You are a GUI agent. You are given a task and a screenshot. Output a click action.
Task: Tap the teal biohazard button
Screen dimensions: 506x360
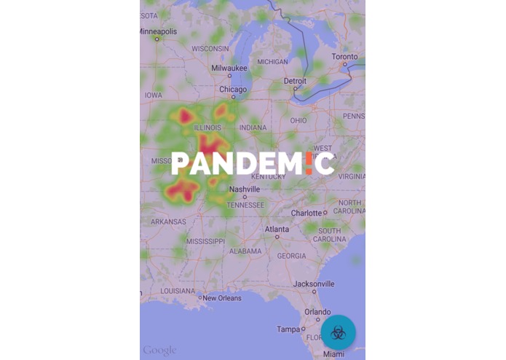pos(338,333)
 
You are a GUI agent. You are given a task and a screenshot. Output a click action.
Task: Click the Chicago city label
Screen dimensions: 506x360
pos(233,90)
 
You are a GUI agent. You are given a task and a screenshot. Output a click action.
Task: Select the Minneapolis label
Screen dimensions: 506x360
pos(158,32)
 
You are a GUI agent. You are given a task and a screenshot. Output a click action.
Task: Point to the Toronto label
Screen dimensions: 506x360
pos(344,57)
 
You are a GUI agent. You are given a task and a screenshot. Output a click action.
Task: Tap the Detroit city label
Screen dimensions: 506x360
pos(295,81)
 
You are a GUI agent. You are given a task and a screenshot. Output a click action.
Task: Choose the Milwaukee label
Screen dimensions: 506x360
pos(229,68)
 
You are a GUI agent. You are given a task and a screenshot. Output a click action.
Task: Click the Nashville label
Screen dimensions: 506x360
pos(245,189)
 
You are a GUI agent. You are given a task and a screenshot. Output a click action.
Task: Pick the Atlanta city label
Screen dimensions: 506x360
pos(277,229)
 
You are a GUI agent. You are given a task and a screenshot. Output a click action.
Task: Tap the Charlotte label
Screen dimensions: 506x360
pos(307,213)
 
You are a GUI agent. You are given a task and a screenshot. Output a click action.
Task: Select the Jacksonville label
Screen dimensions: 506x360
pos(314,283)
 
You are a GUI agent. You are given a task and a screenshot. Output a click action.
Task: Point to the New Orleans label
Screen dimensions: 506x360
pos(221,298)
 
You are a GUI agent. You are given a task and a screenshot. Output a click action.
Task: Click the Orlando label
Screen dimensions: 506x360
pos(317,311)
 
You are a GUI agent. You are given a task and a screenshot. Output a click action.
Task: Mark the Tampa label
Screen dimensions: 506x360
pos(289,329)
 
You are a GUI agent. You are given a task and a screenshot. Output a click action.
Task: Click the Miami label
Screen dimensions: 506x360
pos(334,354)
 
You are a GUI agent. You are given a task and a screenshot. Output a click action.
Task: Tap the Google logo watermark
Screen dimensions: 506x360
pos(159,351)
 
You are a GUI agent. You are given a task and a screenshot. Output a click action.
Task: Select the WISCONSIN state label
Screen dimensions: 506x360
pos(210,49)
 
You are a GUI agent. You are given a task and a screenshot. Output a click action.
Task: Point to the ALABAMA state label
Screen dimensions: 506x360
pos(245,251)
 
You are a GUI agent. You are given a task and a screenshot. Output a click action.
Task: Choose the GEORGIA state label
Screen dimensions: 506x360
pos(291,256)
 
